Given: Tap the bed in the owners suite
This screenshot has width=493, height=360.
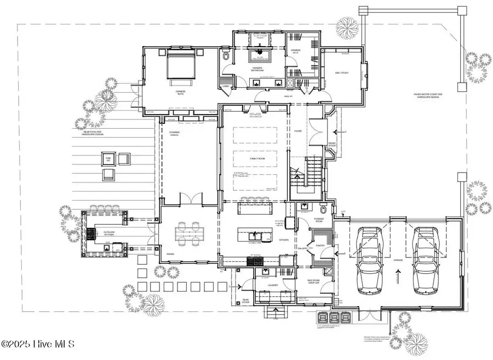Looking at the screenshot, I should click(180, 65).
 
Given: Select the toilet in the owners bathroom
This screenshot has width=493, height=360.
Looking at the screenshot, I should click(226, 56).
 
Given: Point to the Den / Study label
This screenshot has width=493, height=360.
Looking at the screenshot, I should click(342, 72).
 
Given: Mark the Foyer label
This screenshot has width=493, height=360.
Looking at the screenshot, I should click(298, 132).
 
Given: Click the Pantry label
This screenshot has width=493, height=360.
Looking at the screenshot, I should click(320, 246).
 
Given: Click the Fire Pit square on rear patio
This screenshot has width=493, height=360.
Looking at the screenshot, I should click(106, 159).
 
